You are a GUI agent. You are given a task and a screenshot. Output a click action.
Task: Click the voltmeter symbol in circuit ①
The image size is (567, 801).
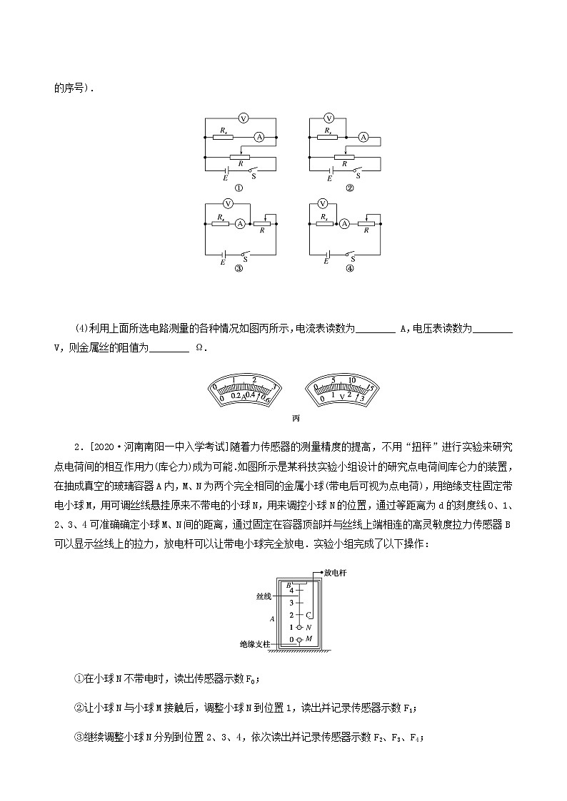tap(242, 118)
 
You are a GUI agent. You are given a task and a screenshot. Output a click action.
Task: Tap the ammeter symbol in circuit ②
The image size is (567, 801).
tap(363, 136)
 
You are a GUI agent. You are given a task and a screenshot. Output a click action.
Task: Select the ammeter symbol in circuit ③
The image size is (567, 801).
tap(241, 223)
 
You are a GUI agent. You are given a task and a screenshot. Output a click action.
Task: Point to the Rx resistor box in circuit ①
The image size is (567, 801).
tap(224, 136)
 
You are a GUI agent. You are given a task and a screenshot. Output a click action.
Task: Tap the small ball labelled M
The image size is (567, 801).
tap(301, 640)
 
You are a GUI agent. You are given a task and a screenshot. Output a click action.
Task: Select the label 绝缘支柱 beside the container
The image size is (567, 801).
tap(255, 643)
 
